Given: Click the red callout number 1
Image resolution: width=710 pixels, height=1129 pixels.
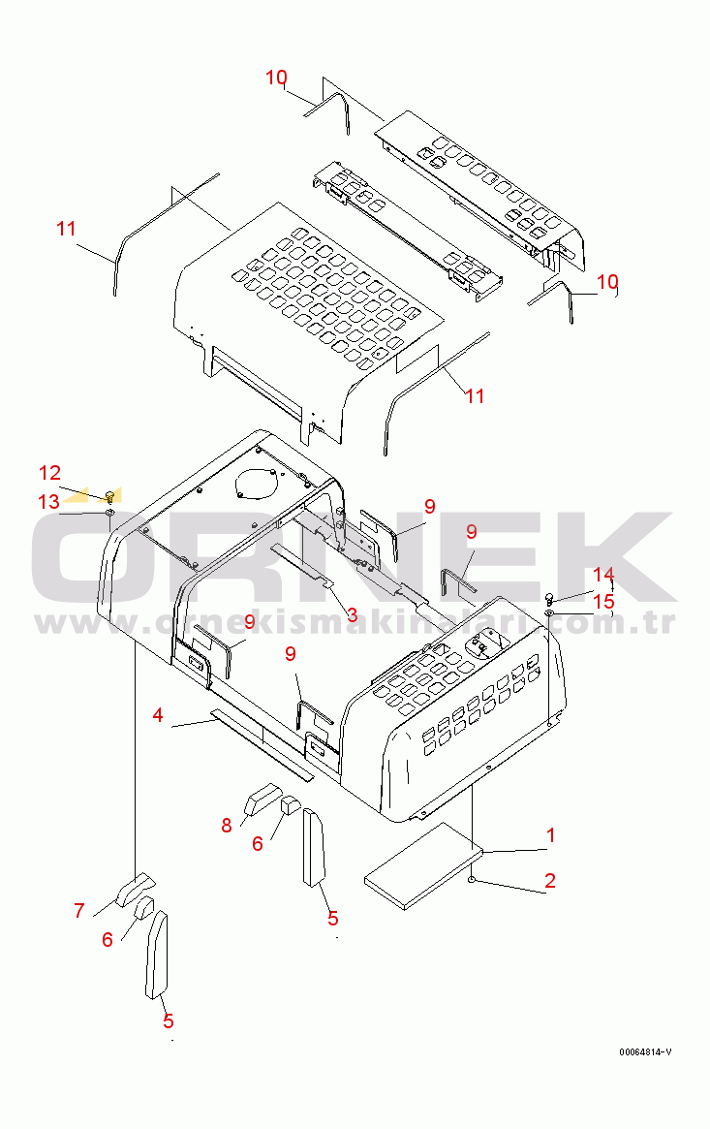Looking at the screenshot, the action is click(550, 835).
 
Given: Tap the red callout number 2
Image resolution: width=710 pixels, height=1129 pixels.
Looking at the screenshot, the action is click(550, 880).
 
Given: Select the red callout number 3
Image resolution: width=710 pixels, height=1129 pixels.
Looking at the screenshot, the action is click(352, 615).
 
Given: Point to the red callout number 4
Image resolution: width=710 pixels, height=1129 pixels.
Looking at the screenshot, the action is click(158, 715).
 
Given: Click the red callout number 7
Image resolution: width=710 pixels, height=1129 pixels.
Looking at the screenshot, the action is click(79, 911).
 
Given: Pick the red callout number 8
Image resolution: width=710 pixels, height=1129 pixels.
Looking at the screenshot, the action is click(227, 825).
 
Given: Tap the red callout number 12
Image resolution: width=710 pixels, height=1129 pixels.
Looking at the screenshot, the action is click(49, 472).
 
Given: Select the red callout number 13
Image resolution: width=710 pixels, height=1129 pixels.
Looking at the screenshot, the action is click(49, 501).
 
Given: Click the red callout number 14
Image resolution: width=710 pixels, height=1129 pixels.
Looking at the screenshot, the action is click(602, 574).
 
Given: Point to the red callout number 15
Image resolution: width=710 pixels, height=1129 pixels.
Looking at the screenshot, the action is click(603, 601).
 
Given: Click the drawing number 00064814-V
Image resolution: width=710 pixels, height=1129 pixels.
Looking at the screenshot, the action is click(645, 1052).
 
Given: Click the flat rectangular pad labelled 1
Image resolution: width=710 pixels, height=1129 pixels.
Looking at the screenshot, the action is click(422, 866).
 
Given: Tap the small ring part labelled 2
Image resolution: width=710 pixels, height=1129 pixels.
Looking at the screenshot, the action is click(471, 880).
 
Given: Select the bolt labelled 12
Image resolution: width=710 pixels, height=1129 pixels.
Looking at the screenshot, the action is click(110, 495).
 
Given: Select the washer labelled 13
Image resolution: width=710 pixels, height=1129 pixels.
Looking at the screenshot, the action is click(110, 512).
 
